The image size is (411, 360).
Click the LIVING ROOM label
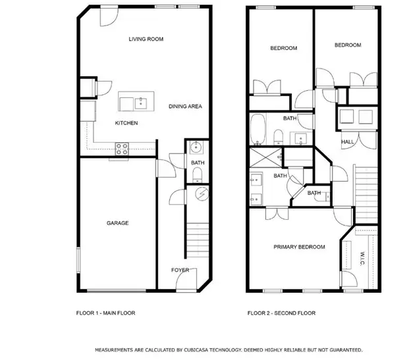pos(146,39)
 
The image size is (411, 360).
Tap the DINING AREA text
pos(185,106)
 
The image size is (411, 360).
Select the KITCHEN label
pos(126,123)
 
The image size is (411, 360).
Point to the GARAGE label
pos(117,223)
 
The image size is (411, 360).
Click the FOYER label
pos(180,270)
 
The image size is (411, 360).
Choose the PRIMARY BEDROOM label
pos(300,247)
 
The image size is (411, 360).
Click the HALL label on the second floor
pos(347,142)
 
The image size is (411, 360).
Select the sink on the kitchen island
pos(140,102)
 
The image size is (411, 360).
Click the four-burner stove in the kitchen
pos(123,149)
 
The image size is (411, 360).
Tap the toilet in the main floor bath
pos(197,174)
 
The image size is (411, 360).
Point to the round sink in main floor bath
pos(196,147)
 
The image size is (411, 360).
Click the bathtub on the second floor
pos(258,128)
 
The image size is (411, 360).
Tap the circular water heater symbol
pos(202,194)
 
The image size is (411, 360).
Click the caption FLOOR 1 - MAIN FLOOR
pos(105,313)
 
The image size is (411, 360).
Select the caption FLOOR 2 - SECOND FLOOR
pos(281,313)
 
